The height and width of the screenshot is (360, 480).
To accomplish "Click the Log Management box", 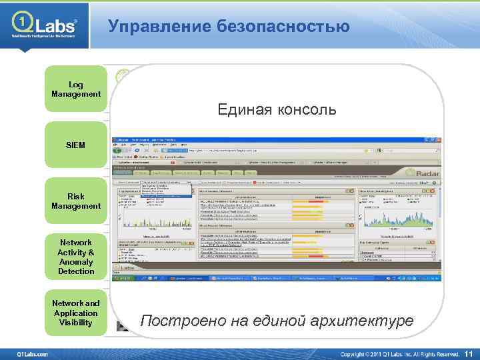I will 76,89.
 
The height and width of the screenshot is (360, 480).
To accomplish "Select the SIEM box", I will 76,145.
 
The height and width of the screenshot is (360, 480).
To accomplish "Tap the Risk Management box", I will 76,201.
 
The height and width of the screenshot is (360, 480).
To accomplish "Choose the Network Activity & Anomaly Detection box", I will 76,257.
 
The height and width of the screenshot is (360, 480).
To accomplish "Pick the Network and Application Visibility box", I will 76,313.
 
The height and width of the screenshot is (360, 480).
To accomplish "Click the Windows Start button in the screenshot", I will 125,276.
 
